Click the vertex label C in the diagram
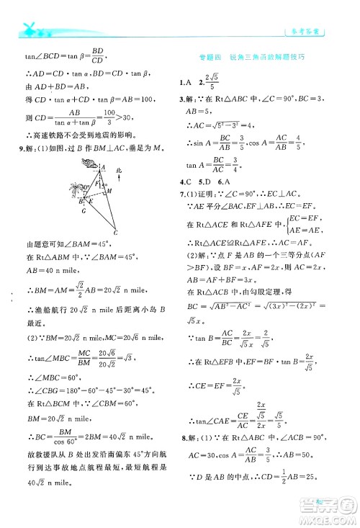coord(114,233)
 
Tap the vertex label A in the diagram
coord(103,167)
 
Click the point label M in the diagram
coord(109,191)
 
